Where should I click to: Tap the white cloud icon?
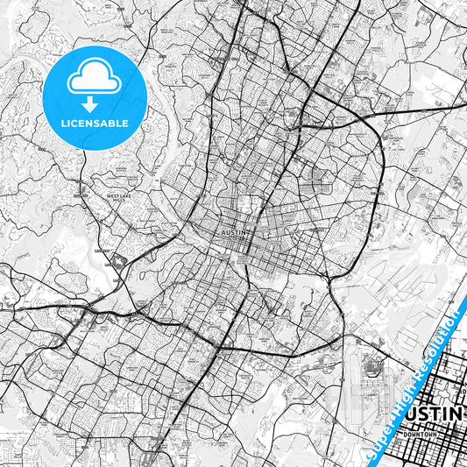[x=95, y=77]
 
